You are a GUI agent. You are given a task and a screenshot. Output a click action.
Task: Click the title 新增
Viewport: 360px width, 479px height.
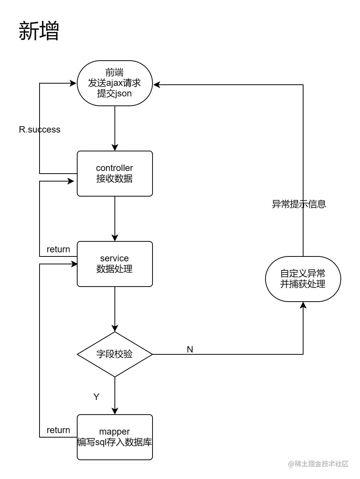(39, 31)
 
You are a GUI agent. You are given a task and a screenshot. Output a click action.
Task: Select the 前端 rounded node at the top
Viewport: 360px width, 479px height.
(114, 83)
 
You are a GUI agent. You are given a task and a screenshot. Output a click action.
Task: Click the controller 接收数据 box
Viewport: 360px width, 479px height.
(114, 174)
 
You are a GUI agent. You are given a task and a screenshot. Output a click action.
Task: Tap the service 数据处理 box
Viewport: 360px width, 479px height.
(114, 264)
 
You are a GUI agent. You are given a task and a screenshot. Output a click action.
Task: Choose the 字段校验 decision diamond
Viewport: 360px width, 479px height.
(114, 354)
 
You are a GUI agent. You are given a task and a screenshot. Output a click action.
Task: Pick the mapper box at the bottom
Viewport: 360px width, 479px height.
(114, 437)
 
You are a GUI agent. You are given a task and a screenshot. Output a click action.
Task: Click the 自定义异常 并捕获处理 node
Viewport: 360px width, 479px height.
(303, 279)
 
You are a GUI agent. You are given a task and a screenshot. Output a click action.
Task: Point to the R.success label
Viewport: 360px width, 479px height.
(40, 130)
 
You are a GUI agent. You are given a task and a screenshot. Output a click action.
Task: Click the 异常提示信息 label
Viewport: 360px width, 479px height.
(299, 204)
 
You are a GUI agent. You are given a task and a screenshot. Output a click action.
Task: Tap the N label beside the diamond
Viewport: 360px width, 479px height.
(190, 349)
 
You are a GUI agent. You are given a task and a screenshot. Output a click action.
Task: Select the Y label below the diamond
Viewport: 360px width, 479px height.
(96, 397)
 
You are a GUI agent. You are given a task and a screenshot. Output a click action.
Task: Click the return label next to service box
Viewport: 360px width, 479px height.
(58, 249)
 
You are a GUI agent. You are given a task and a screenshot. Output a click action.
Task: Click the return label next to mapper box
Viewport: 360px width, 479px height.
(58, 430)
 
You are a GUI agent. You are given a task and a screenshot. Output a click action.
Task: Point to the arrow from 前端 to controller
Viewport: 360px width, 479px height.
(115, 128)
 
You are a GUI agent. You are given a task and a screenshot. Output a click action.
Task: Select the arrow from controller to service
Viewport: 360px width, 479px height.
(115, 218)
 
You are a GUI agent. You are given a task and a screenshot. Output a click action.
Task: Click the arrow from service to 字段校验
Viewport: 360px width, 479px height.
(115, 309)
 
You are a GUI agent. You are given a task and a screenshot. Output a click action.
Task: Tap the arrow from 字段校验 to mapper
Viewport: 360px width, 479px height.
(115, 395)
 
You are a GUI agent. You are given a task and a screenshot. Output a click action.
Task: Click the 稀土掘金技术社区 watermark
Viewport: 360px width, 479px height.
(318, 464)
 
